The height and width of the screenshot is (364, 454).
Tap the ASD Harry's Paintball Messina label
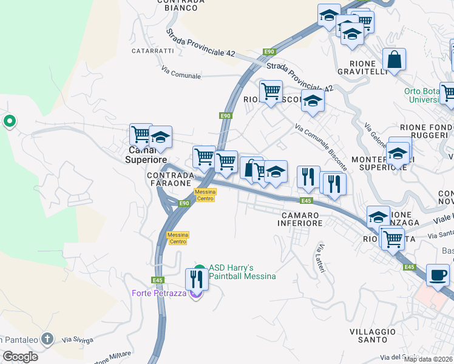(x=242, y=272)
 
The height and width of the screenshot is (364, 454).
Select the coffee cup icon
(x=438, y=274)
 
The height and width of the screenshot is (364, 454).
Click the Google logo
(x=20, y=357)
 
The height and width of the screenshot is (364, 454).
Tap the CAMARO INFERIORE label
(x=300, y=219)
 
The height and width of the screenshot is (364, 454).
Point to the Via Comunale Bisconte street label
(x=321, y=147)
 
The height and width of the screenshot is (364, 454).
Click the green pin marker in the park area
(x=9, y=121)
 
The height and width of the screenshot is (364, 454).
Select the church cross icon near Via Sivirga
(x=47, y=338)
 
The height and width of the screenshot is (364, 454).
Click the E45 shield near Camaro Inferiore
(x=306, y=201)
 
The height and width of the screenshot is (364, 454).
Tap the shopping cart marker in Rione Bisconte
(x=271, y=92)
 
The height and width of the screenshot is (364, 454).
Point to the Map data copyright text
(x=429, y=359)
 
